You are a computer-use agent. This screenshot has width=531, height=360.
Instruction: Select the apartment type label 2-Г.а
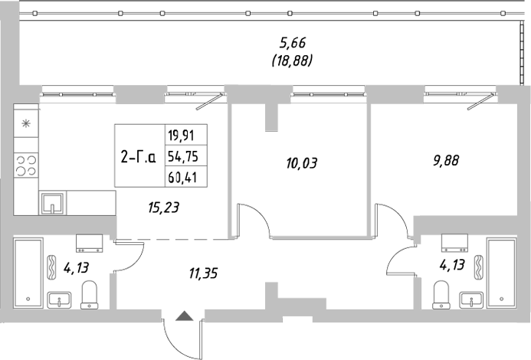point(139,158)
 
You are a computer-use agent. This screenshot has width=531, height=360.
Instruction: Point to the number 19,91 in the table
point(181,136)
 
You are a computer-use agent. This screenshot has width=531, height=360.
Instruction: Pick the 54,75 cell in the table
point(181,158)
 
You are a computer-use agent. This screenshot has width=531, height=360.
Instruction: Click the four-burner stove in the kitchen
point(27,167)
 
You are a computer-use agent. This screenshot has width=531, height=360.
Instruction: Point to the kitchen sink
point(52,203)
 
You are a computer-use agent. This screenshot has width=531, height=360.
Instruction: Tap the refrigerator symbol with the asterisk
point(26,123)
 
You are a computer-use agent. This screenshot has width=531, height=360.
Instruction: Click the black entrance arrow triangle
point(183,316)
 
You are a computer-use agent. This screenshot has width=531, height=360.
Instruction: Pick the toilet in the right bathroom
point(441,293)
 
